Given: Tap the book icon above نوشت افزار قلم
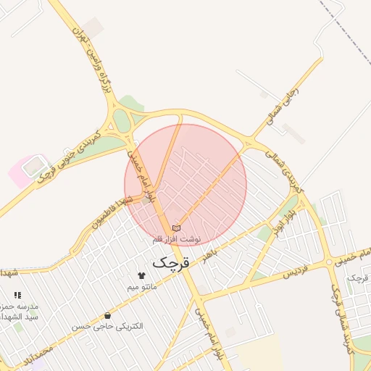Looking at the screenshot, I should point(177,228).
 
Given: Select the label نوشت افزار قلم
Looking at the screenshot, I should point(178,238).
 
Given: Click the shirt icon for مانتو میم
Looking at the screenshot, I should point(141,275).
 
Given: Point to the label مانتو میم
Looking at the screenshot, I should point(142,287).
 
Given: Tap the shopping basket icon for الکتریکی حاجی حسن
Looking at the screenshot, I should point(108,315).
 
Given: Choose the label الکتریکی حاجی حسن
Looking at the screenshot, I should point(107,327).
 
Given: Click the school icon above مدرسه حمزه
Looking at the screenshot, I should point(17,296).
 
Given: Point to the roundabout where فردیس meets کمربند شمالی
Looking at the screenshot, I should point(329,262).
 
